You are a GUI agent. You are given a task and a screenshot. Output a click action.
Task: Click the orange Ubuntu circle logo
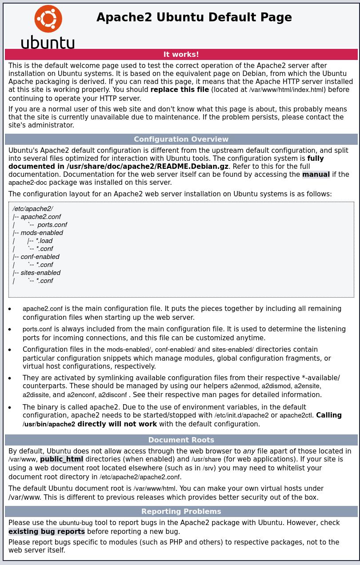tap(48, 19)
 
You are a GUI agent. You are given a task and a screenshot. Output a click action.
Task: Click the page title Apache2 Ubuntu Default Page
tap(194, 17)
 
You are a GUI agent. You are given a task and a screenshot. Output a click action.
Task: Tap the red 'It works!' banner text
tap(181, 54)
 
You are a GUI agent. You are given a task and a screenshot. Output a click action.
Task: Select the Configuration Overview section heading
tap(181, 139)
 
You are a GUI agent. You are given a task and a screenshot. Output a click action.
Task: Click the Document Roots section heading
tap(181, 440)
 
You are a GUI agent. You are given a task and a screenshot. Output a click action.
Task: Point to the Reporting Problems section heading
tap(181, 511)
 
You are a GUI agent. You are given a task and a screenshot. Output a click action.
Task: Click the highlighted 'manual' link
tap(316, 174)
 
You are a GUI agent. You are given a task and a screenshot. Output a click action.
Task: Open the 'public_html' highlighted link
tap(61, 459)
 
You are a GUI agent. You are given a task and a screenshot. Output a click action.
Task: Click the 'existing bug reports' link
tap(46, 531)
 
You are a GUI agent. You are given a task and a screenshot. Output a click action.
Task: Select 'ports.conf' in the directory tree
tap(52, 225)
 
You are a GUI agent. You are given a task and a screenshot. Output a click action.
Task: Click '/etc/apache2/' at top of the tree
tap(32, 209)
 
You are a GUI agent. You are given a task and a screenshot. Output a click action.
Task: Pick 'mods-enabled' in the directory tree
tap(42, 233)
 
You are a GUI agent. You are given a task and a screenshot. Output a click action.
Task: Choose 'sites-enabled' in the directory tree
tap(40, 273)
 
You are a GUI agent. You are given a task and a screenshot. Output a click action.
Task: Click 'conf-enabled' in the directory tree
tap(40, 257)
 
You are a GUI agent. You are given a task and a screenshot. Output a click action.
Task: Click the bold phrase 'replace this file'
tap(180, 90)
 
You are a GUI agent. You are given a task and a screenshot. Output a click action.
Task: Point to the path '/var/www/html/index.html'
tap(286, 90)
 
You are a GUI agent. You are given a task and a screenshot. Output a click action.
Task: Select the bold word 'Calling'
tap(328, 415)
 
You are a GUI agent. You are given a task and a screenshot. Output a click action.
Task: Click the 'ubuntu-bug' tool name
tap(76, 523)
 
